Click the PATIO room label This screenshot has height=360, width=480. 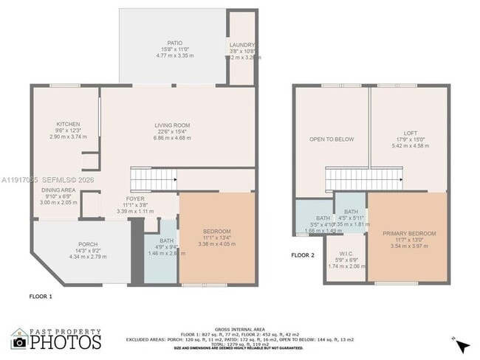click(174, 44)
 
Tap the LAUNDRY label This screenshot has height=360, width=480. click(241, 45)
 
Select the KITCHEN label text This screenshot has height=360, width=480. click(68, 124)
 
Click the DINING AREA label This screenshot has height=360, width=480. click(58, 190)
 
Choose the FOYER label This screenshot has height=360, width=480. click(135, 198)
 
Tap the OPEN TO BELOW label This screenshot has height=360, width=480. click(329, 138)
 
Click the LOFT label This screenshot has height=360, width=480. click(410, 133)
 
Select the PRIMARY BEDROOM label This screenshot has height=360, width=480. click(408, 234)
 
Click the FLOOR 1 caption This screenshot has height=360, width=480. click(41, 296)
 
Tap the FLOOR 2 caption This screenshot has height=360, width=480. click(303, 255)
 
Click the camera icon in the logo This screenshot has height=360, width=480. click(19, 341)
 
